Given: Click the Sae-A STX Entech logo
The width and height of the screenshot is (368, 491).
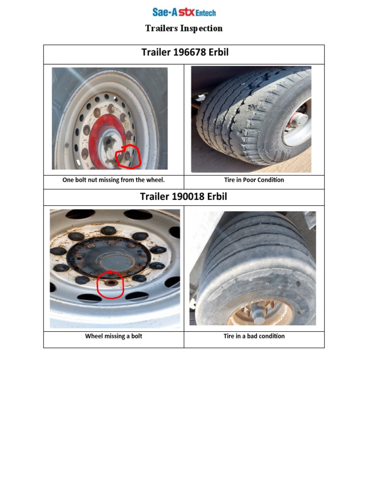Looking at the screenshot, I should (x=184, y=12).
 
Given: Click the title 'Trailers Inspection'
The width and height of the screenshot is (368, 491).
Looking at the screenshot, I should (x=184, y=28).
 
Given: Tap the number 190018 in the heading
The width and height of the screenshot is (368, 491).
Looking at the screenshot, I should (x=189, y=197).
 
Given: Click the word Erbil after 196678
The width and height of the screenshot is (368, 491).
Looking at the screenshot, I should (x=218, y=52).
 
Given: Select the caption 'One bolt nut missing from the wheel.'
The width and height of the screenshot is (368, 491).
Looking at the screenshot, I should (x=114, y=180).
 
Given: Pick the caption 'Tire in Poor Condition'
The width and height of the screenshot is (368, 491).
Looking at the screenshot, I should (x=254, y=180).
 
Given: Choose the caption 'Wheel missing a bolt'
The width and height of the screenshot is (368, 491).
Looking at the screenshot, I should (x=114, y=336).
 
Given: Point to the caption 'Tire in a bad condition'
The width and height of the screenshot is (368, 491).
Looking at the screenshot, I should (x=254, y=336).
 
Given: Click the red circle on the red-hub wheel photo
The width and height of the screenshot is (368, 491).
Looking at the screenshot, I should (x=128, y=156).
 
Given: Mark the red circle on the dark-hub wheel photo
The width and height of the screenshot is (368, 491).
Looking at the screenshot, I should (x=110, y=286).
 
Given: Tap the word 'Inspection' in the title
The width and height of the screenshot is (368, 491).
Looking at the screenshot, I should (x=201, y=28).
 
